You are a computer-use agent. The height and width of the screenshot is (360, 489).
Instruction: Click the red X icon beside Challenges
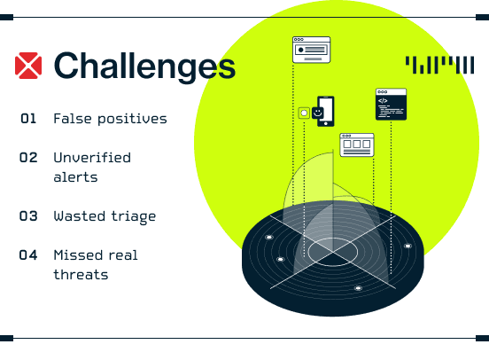pyautogui.click(x=28, y=66)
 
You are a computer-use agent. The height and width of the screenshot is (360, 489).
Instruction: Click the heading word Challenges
pyautogui.click(x=144, y=67)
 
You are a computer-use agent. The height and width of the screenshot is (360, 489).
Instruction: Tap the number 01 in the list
pyautogui.click(x=28, y=119)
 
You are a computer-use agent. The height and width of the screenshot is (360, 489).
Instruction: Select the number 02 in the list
pyautogui.click(x=28, y=158)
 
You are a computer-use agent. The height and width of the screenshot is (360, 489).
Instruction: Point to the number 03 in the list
pyautogui.click(x=28, y=216)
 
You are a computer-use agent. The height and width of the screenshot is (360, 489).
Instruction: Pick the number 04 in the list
pyautogui.click(x=28, y=255)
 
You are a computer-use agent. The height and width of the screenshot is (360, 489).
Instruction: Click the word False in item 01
pyautogui.click(x=73, y=119)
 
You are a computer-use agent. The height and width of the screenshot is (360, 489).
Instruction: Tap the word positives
pyautogui.click(x=133, y=120)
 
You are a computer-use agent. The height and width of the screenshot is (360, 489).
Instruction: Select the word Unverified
pyautogui.click(x=92, y=158)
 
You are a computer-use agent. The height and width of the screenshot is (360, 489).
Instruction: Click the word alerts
pyautogui.click(x=76, y=177)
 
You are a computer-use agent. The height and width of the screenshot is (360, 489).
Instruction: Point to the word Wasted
pyautogui.click(x=80, y=216)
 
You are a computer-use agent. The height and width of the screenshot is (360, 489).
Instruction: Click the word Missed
pyautogui.click(x=78, y=255)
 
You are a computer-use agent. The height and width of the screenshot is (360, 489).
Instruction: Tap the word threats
pyautogui.click(x=81, y=275)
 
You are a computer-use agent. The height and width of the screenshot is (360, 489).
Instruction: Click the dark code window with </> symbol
pyautogui.click(x=391, y=105)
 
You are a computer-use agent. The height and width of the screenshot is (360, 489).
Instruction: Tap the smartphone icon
pyautogui.click(x=326, y=111)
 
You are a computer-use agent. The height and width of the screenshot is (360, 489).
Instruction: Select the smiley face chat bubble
pyautogui.click(x=317, y=113)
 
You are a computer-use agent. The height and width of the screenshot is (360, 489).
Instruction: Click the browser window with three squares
pyautogui.click(x=357, y=145)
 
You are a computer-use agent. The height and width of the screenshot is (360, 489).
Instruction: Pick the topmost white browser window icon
pyautogui.click(x=312, y=50)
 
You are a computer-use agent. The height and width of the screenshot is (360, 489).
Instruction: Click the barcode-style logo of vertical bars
pyautogui.click(x=439, y=65)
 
